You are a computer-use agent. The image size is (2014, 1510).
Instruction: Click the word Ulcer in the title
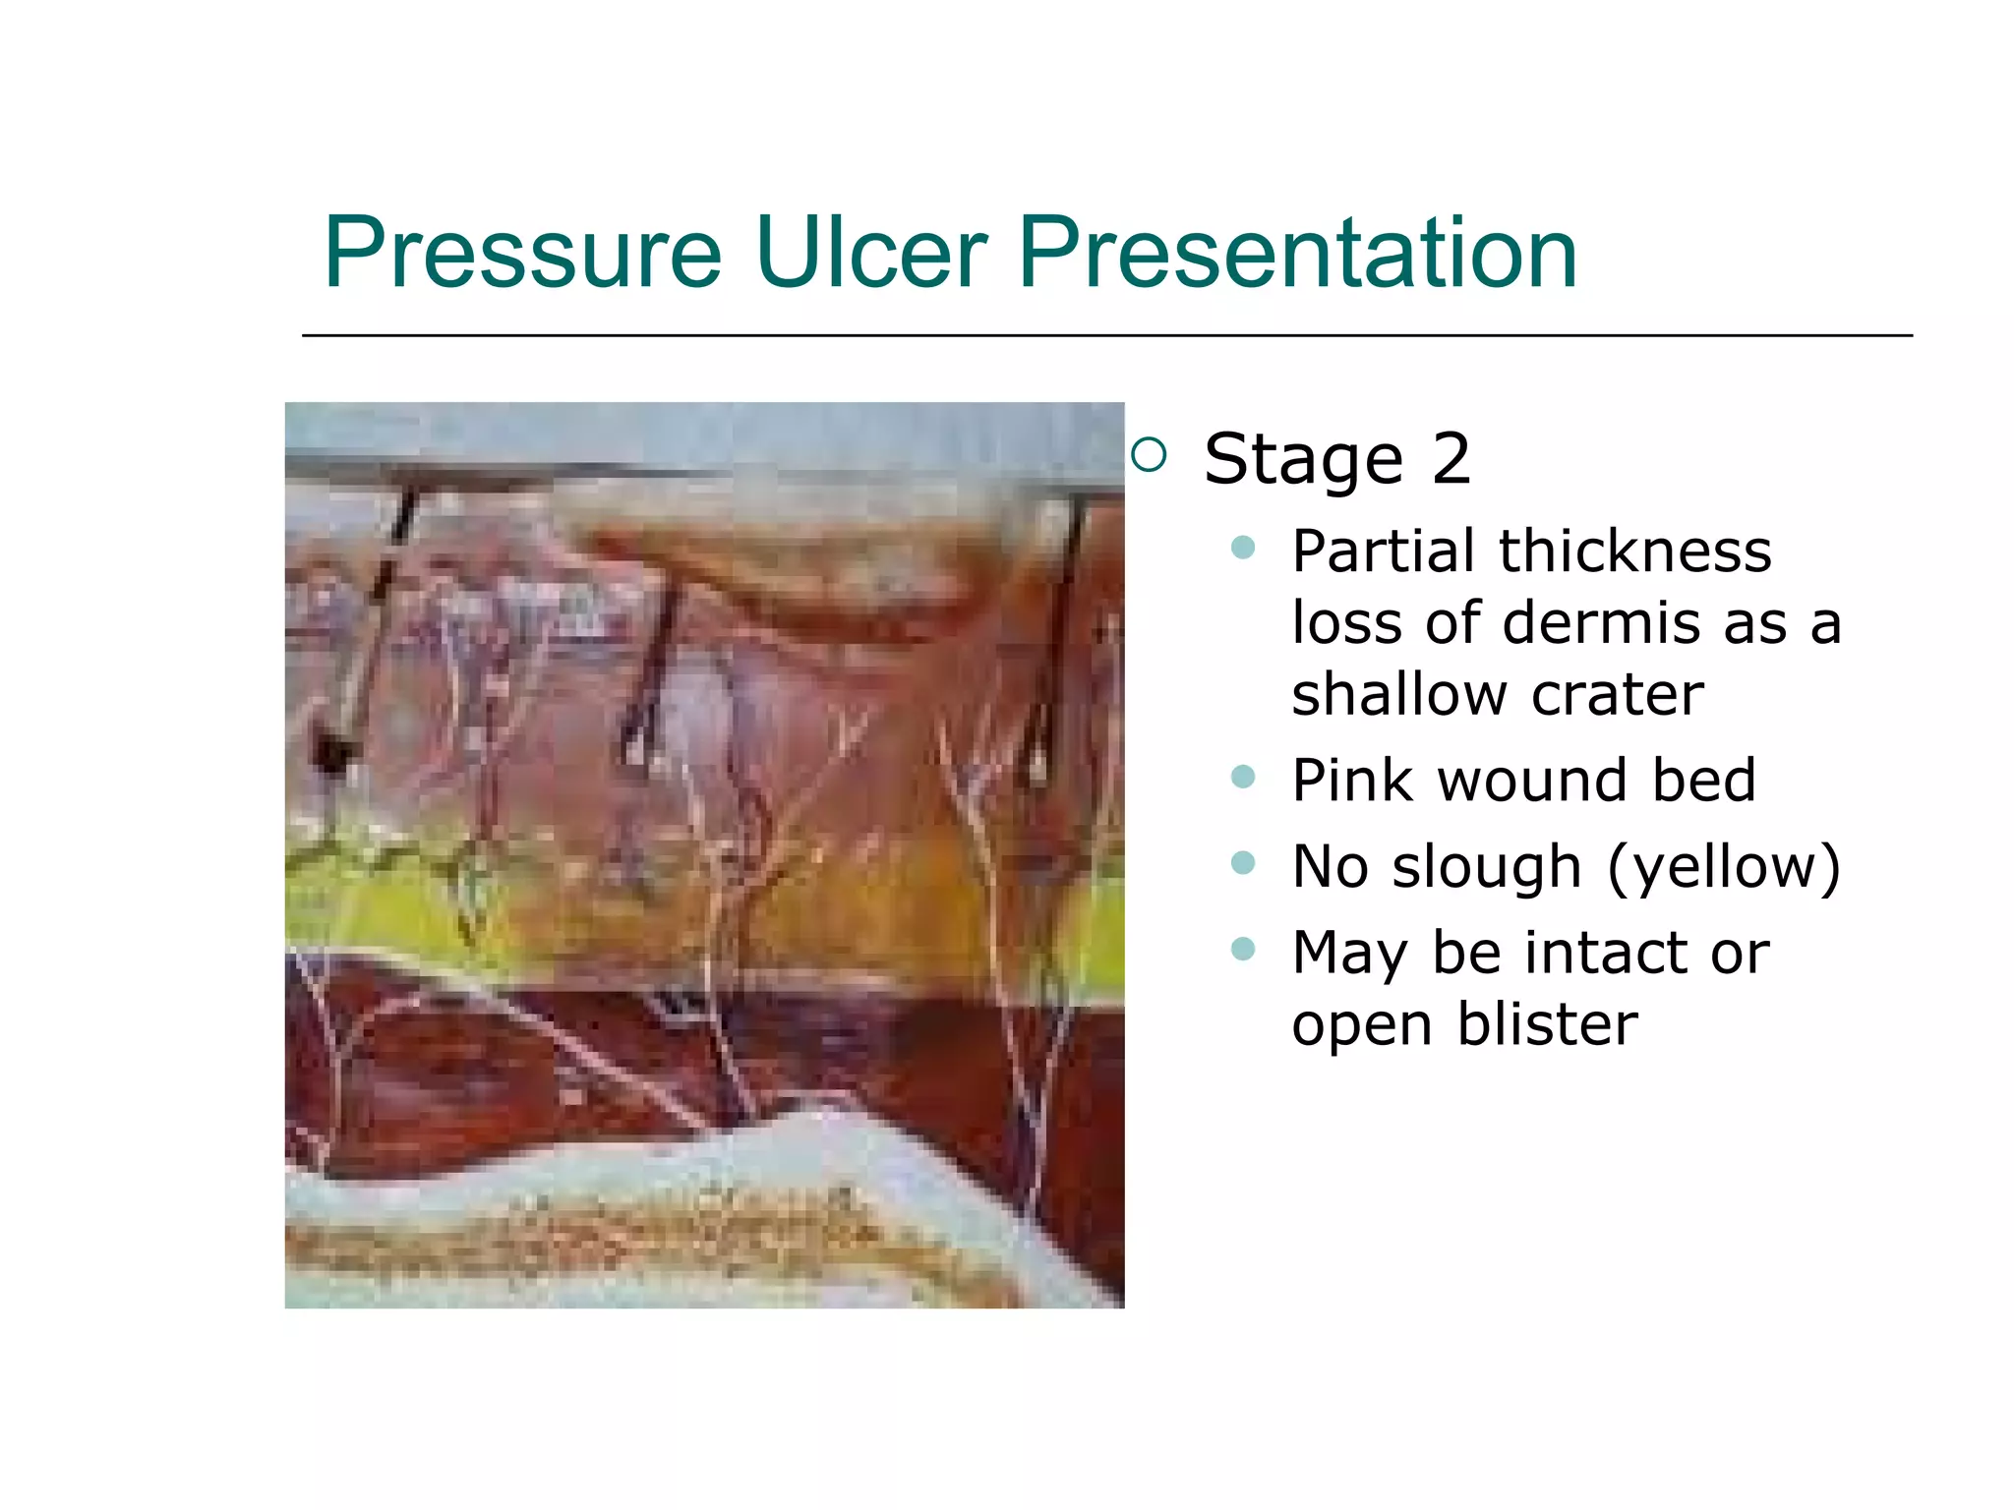870,254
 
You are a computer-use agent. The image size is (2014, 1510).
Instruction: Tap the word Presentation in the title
1297,254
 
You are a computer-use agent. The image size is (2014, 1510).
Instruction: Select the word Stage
1303,459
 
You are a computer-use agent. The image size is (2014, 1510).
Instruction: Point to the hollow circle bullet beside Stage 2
1149,455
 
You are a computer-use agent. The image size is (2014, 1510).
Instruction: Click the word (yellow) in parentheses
1723,867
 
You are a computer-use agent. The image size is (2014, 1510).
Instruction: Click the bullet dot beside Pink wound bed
1243,778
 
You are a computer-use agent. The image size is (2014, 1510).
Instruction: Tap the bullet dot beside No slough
1243,863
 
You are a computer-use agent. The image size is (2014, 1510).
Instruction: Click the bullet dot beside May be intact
1243,949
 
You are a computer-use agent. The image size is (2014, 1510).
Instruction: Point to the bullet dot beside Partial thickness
1243,548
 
